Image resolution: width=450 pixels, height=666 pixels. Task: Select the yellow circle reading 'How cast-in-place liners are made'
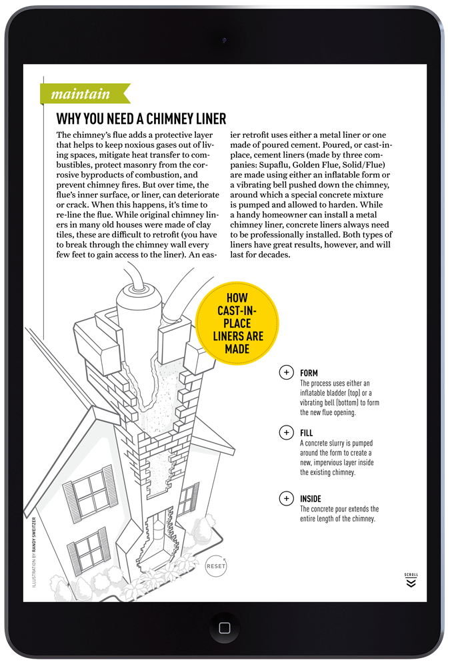point(237,322)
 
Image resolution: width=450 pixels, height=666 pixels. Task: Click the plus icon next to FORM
point(286,372)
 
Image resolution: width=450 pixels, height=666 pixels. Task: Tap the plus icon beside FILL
point(286,433)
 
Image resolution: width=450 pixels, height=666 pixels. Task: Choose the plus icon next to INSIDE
point(286,498)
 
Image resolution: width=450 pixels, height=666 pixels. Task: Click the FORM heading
point(309,373)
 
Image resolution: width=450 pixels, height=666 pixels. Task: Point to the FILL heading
point(307,433)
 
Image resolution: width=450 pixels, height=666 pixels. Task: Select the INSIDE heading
point(311,499)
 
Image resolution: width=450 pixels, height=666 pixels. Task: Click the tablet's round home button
point(224,627)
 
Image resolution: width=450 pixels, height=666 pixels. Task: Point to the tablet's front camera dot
point(224,40)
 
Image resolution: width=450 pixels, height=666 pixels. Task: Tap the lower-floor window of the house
point(89,549)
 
